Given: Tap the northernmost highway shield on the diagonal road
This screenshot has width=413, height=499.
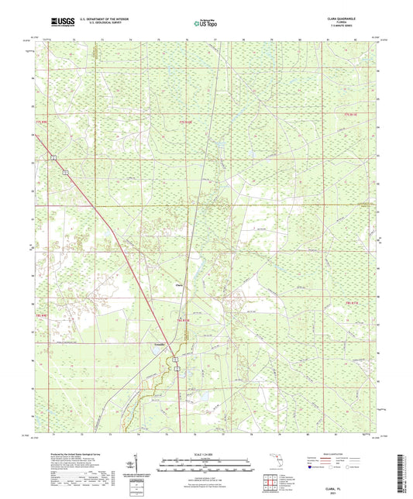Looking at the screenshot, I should tap(54, 157).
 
